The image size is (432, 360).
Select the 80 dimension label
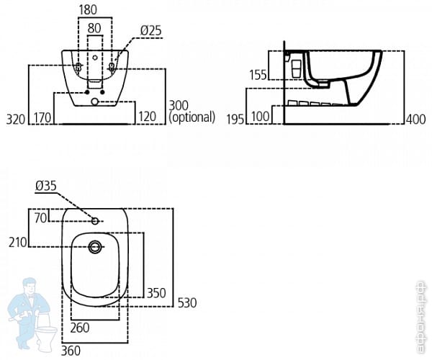pyautogui.click(x=94, y=29)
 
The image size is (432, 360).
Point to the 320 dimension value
pyautogui.click(x=16, y=117)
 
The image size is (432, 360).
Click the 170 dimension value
pyautogui.click(x=42, y=117)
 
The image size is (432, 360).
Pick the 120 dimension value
pyautogui.click(x=148, y=117)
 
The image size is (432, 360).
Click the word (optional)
pyautogui.click(x=192, y=117)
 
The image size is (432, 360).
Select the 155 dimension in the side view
pyautogui.click(x=258, y=74)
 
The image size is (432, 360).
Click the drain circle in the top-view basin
pyautogui.click(x=94, y=248)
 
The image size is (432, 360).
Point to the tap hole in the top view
pyautogui.click(x=94, y=220)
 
